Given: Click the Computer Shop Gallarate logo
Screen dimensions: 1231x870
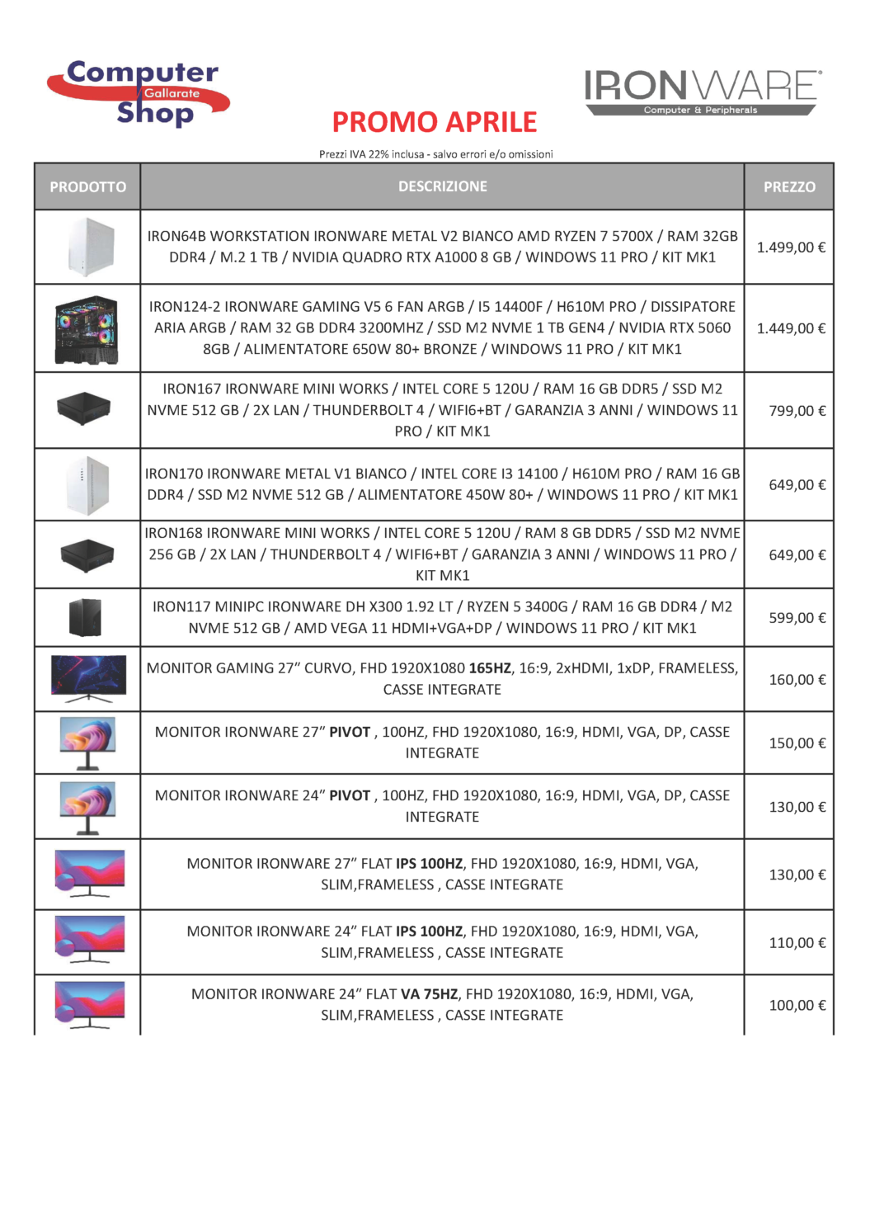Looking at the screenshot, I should (x=139, y=92).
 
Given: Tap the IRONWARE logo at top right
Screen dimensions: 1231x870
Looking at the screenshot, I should (x=702, y=92).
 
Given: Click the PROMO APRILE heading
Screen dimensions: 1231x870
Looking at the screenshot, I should (x=435, y=122).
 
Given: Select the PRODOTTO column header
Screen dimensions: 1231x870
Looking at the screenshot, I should (x=87, y=186).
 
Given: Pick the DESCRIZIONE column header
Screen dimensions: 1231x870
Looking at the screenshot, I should (x=443, y=186).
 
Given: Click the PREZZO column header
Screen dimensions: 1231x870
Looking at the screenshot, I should (x=789, y=186).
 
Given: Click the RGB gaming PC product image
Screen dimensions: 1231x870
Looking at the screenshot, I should (x=87, y=329).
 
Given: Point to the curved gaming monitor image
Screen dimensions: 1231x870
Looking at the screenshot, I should (x=88, y=678).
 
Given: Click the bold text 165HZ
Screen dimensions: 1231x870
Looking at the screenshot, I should (x=490, y=668).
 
